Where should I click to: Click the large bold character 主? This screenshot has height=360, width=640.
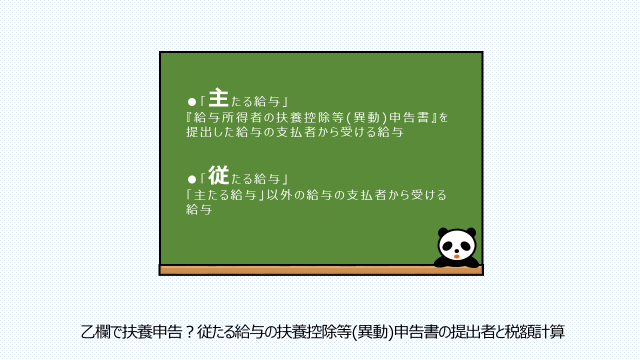(x=218, y=97)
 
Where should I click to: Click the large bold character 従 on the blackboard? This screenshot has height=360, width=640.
(x=218, y=175)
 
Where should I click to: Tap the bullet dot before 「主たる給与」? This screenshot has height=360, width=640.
(x=192, y=102)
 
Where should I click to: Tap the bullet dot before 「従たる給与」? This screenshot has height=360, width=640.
(x=192, y=179)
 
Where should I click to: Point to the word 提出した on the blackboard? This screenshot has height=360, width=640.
(x=210, y=132)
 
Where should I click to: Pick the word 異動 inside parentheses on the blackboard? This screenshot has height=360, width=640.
(x=366, y=117)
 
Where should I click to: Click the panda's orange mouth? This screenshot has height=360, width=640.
(x=456, y=256)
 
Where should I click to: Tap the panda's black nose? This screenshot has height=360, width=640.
(x=456, y=251)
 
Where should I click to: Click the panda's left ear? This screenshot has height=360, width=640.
(x=443, y=232)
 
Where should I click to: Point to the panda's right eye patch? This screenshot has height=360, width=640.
(x=465, y=246)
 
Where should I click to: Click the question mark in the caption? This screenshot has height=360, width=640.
(x=189, y=332)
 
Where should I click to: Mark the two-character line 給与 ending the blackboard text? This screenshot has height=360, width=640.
(x=199, y=209)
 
